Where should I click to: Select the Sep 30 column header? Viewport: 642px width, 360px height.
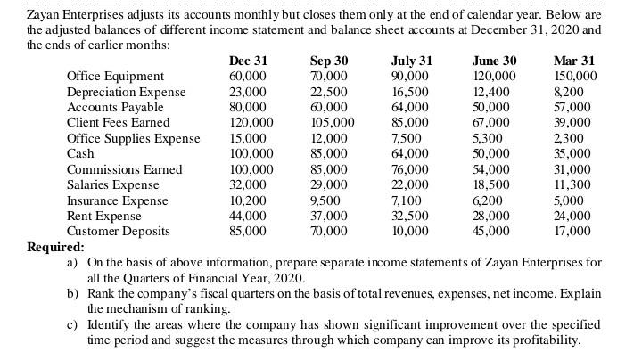coord(329,61)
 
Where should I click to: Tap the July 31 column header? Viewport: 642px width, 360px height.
coord(412,61)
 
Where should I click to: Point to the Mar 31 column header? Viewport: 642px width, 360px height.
coord(574,61)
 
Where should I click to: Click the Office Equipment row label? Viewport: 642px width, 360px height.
coord(116,76)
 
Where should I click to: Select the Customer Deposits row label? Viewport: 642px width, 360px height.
coord(119,231)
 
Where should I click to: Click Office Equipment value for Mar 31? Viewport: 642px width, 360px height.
coord(575,76)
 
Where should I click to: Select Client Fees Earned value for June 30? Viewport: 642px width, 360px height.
coord(493,122)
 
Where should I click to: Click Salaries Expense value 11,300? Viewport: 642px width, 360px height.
coord(573,184)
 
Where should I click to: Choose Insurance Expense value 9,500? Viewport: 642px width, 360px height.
coord(325,200)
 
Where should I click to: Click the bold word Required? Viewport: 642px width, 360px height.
coord(55,247)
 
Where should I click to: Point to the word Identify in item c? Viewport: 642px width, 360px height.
coord(111,324)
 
